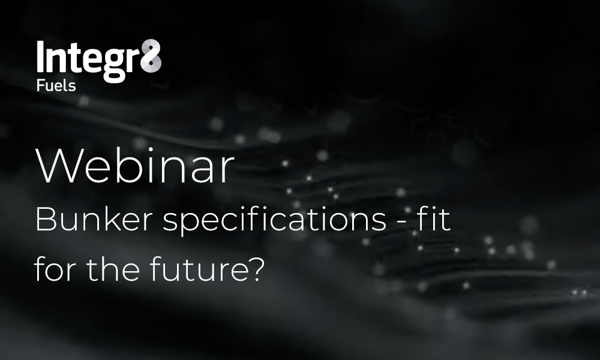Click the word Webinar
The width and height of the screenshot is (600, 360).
[134, 166]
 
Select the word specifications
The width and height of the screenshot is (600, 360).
[274, 221]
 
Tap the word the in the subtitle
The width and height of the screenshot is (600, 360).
[113, 269]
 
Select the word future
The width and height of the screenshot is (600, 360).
[199, 269]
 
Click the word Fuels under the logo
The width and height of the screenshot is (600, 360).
[56, 85]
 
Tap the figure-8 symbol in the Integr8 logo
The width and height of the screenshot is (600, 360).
[151, 56]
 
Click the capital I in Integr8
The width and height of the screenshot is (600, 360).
[40, 56]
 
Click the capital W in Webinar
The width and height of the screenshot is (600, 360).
[58, 166]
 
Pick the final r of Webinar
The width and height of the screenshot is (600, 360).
[227, 172]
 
